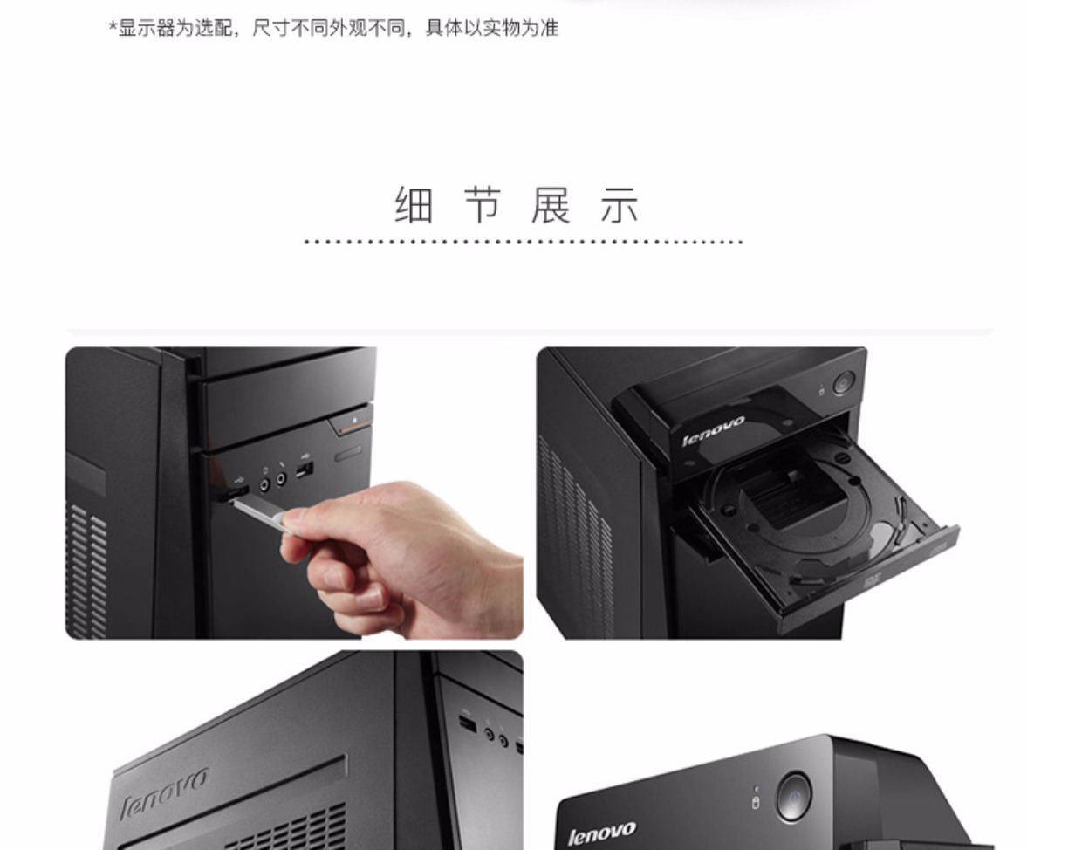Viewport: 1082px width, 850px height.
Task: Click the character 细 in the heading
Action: (414, 205)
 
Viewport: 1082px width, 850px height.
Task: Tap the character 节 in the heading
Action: (483, 205)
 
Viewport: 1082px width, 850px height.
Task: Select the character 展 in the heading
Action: (551, 205)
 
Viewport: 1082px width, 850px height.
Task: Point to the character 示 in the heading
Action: (620, 205)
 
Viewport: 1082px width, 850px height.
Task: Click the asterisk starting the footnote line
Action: (113, 26)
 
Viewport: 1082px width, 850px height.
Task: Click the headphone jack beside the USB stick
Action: (265, 484)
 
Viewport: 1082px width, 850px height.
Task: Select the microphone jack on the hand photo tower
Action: (282, 479)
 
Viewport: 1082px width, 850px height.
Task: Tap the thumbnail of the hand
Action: (294, 493)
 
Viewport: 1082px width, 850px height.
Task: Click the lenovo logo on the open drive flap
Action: (713, 431)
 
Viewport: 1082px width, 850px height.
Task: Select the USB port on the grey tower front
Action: (468, 725)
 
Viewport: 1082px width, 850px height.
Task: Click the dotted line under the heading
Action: (524, 242)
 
